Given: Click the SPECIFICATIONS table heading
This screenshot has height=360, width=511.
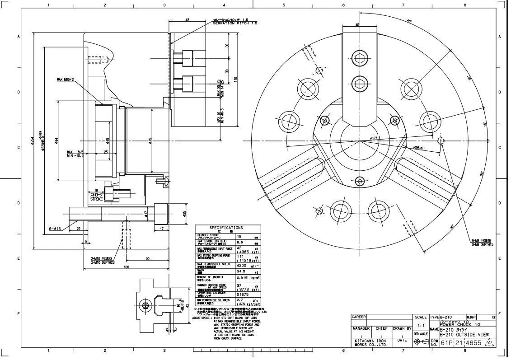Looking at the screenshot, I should click(226, 228).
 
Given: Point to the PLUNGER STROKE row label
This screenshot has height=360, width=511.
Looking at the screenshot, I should click(208, 235).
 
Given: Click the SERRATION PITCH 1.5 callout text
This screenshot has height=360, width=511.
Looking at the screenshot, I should click(235, 23).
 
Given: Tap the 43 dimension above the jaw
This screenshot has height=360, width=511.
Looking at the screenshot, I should click(188, 20).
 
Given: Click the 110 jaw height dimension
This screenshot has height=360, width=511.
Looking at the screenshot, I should click(235, 79).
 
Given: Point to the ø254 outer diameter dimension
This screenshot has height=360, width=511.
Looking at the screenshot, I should click(32, 140).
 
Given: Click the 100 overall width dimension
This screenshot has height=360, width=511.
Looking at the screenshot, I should click(126, 267).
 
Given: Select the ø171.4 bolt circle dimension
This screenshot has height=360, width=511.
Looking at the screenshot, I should click(375, 138).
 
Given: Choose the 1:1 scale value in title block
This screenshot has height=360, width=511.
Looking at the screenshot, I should click(421, 325).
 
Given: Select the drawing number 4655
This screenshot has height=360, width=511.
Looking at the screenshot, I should click(474, 343).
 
